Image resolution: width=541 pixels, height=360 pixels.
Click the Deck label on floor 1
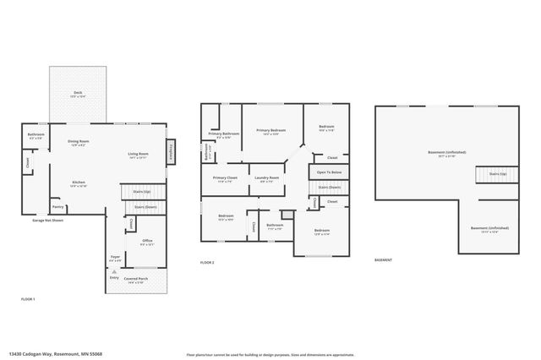click(78, 94)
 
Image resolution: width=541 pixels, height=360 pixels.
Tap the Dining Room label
click(79, 141)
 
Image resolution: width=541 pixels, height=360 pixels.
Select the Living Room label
click(138, 153)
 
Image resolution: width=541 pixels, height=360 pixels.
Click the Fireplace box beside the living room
click(171, 153)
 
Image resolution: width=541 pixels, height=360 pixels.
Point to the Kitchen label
click(78, 183)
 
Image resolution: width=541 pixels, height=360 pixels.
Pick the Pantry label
click(58, 206)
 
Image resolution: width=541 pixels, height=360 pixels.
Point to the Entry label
click(114, 277)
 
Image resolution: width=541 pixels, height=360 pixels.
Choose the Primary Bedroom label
click(273, 130)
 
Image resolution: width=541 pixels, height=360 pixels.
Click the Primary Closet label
click(225, 177)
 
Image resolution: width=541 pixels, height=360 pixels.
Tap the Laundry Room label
click(267, 177)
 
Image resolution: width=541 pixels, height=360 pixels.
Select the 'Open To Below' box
click(328, 172)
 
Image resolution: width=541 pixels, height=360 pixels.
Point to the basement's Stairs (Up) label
click(498, 173)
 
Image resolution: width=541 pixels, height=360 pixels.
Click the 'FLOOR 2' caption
click(207, 263)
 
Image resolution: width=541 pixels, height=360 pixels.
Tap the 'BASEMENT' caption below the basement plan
click(384, 260)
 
